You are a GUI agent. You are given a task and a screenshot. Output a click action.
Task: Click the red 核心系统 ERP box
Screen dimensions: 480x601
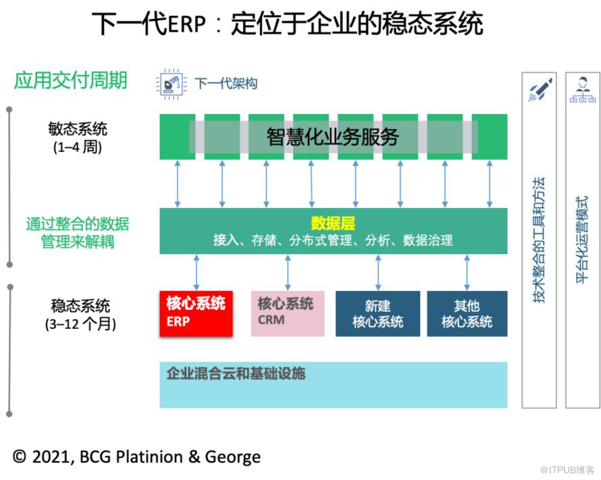pyautogui.click(x=197, y=313)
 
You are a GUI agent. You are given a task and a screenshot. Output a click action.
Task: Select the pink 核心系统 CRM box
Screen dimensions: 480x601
pyautogui.click(x=287, y=313)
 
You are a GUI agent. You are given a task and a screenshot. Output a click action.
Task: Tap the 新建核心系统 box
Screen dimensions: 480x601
pyautogui.click(x=377, y=313)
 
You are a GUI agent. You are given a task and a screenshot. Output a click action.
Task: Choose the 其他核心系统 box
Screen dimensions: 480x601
pyautogui.click(x=467, y=313)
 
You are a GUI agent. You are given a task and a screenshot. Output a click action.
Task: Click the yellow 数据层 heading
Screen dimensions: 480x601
pyautogui.click(x=333, y=223)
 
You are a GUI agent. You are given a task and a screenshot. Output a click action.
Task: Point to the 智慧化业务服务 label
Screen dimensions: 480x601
pyautogui.click(x=333, y=136)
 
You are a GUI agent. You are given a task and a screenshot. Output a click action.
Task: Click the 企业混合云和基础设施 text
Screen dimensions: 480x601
pyautogui.click(x=236, y=373)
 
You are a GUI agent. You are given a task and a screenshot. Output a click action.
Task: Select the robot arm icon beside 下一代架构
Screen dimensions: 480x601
pyautogui.click(x=172, y=84)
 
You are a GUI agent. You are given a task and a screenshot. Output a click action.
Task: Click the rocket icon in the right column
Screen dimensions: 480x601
pyautogui.click(x=539, y=90)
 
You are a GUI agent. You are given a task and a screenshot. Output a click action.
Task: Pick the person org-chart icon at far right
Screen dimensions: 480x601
pyautogui.click(x=582, y=90)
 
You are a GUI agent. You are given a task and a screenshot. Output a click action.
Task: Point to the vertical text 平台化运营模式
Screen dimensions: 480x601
pyautogui.click(x=582, y=240)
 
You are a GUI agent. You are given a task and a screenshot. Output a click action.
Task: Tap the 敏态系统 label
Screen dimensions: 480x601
pyautogui.click(x=77, y=128)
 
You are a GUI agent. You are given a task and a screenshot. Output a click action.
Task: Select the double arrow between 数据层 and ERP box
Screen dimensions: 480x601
pyautogui.click(x=197, y=272)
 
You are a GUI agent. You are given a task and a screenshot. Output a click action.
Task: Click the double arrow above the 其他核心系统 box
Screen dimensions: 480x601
pyautogui.click(x=467, y=272)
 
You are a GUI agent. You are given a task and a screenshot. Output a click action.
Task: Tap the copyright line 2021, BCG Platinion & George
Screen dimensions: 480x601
pyautogui.click(x=136, y=457)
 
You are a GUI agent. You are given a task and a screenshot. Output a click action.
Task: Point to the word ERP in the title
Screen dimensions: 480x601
pyautogui.click(x=186, y=25)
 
